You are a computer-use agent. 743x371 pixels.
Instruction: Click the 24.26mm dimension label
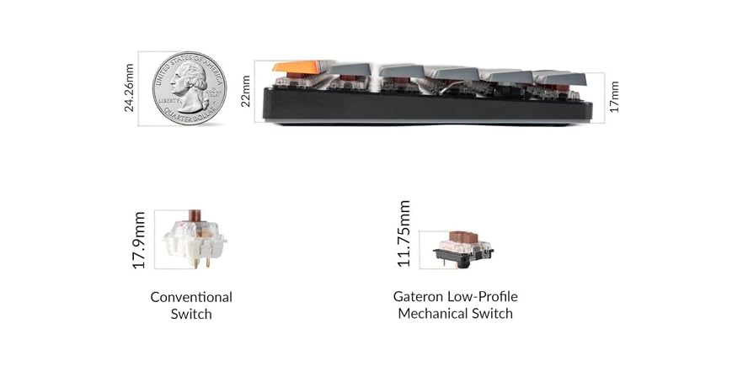coord(129,88)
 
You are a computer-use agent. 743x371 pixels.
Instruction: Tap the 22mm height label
coord(245,92)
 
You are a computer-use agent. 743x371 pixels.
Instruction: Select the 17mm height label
coord(614,97)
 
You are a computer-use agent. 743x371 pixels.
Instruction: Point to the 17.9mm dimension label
coord(138,241)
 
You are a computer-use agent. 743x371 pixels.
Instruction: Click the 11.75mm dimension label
coord(404,233)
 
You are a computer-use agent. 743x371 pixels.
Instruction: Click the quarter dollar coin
coord(190,88)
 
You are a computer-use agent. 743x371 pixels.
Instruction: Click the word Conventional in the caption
coord(191,297)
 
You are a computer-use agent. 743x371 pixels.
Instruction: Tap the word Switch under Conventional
coord(191,314)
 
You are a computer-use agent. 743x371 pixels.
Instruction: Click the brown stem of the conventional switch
coord(195,215)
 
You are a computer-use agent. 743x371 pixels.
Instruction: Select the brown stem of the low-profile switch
coord(463,236)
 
